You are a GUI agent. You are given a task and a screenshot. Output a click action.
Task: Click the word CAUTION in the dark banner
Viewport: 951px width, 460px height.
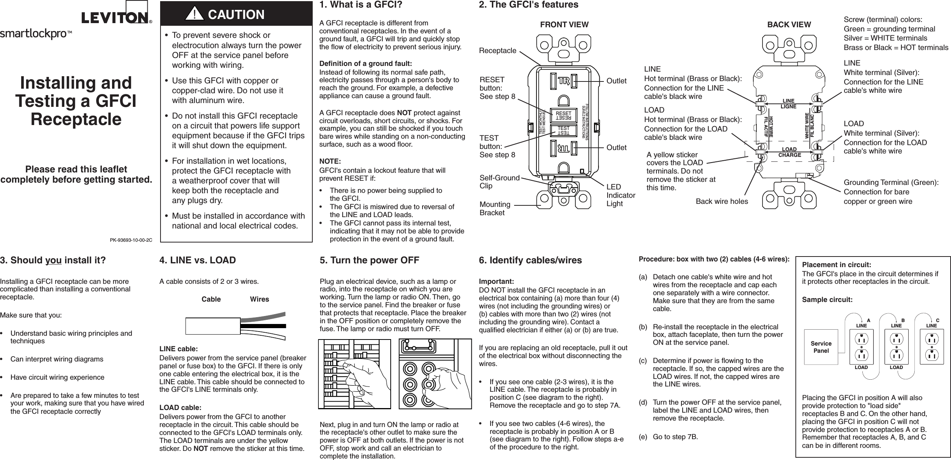coord(236,15)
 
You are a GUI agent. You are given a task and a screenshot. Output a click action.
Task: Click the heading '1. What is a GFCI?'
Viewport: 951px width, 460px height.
coord(355,5)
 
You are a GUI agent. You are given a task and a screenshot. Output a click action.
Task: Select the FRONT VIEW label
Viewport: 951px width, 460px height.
coord(564,25)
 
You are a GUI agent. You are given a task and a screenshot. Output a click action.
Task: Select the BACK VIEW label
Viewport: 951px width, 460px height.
coord(789,25)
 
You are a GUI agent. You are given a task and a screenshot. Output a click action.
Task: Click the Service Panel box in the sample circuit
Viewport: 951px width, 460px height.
coord(821,347)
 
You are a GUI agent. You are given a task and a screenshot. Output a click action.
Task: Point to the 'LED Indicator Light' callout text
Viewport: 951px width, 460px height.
coord(620,195)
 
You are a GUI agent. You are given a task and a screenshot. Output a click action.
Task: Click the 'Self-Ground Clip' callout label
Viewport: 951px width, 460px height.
coord(499,182)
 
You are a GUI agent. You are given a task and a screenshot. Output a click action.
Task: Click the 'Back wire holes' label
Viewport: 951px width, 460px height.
coord(722,202)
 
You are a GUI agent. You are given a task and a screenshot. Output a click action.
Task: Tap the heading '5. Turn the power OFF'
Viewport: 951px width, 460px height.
coord(369,260)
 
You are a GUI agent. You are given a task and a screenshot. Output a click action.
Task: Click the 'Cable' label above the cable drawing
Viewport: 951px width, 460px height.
coord(211,299)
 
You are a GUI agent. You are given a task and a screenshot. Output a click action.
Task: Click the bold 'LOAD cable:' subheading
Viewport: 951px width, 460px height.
coord(180,408)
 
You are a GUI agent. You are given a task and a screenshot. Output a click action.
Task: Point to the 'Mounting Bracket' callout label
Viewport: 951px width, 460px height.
coord(495,209)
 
